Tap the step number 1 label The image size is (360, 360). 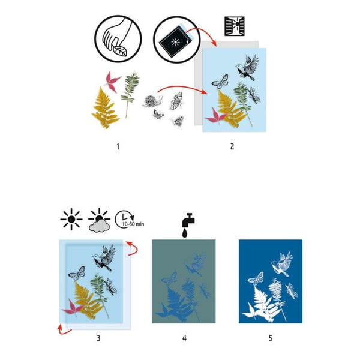coord(118,145)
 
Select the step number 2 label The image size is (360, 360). coord(232,145)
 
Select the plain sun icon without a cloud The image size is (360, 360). coord(71,220)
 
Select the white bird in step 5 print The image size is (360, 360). coord(281,264)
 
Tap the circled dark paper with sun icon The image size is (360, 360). coord(173,38)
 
